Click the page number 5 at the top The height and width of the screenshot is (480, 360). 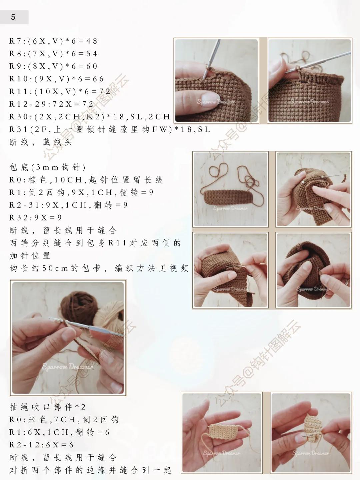[13, 17]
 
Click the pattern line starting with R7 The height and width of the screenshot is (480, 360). [53, 41]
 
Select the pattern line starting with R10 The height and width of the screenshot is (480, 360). [57, 79]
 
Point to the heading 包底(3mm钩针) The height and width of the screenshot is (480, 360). [48, 167]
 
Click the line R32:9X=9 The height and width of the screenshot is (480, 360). [36, 218]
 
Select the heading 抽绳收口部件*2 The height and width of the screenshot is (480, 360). [48, 407]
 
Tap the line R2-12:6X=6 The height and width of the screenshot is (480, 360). [41, 445]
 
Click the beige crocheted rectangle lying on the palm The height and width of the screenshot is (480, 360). [223, 430]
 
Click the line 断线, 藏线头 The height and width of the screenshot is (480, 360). [41, 142]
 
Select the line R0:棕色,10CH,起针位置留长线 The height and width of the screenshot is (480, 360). [86, 180]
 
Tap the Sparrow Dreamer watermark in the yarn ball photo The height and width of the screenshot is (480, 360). [68, 367]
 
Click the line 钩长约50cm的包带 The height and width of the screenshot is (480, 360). [99, 269]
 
